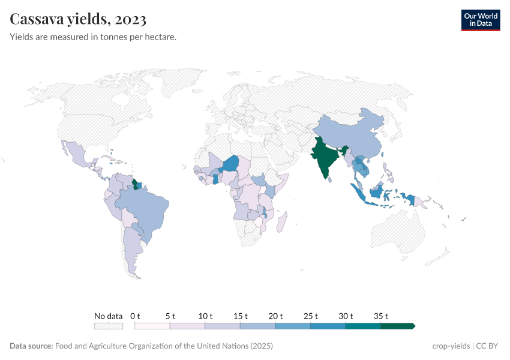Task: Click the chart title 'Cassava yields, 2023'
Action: pyautogui.click(x=78, y=19)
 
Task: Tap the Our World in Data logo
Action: pyautogui.click(x=480, y=20)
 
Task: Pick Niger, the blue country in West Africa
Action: pyautogui.click(x=230, y=164)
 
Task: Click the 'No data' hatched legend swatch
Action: pyautogui.click(x=108, y=326)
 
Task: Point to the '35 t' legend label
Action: pyautogui.click(x=381, y=316)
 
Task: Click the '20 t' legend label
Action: pyautogui.click(x=275, y=316)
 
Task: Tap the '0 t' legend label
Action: pyautogui.click(x=135, y=316)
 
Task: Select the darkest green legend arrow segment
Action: pyautogui.click(x=398, y=326)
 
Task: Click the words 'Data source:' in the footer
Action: pyautogui.click(x=31, y=346)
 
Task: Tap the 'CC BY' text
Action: pyautogui.click(x=488, y=346)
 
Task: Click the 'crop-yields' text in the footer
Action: pyautogui.click(x=451, y=346)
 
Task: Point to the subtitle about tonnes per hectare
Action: pyautogui.click(x=93, y=37)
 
